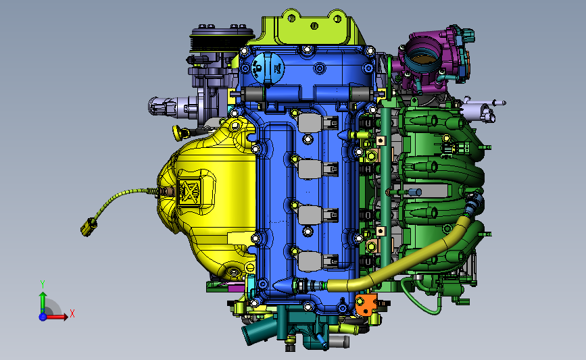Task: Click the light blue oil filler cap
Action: pos(268,68)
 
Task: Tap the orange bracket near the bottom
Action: pos(365,303)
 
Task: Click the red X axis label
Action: pos(72,313)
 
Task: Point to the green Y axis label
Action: pos(43,284)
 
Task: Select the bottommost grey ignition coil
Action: pos(318,261)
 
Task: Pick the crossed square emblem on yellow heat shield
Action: pos(189,191)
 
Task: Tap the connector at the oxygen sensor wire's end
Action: pos(89,227)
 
